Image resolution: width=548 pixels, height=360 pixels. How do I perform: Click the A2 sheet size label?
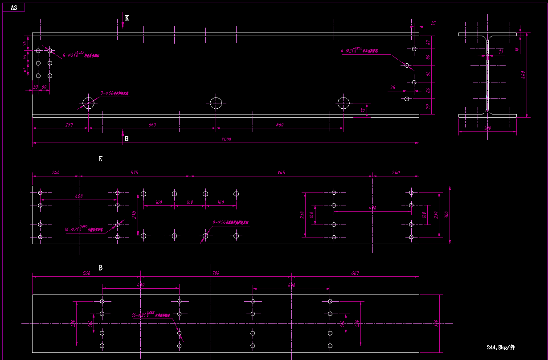click(13, 8)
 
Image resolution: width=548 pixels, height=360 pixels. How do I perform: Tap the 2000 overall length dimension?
click(226, 140)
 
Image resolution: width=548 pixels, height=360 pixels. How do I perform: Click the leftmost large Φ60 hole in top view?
click(89, 103)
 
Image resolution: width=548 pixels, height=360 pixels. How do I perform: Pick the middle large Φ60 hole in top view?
click(216, 103)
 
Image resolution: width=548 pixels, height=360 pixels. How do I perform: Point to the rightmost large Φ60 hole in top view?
click(344, 103)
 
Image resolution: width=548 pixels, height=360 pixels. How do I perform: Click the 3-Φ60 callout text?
click(114, 94)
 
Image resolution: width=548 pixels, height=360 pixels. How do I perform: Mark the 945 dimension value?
click(281, 172)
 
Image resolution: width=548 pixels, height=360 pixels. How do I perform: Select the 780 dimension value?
click(216, 273)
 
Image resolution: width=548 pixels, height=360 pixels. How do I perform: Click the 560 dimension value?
click(86, 273)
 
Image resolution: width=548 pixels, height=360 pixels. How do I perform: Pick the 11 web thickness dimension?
click(501, 52)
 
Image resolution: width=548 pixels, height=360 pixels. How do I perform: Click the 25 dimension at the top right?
click(433, 23)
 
